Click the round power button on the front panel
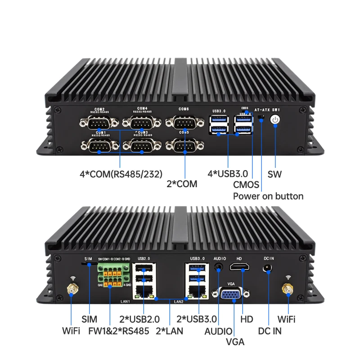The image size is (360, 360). (x=274, y=120)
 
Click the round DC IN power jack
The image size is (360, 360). (x=268, y=269)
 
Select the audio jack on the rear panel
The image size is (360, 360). (x=219, y=266)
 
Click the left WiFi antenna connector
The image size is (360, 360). (x=71, y=290)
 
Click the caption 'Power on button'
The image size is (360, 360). (x=268, y=196)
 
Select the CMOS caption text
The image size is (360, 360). (x=246, y=184)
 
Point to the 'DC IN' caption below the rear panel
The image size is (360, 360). (x=269, y=332)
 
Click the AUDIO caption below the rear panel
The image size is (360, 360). (x=219, y=332)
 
